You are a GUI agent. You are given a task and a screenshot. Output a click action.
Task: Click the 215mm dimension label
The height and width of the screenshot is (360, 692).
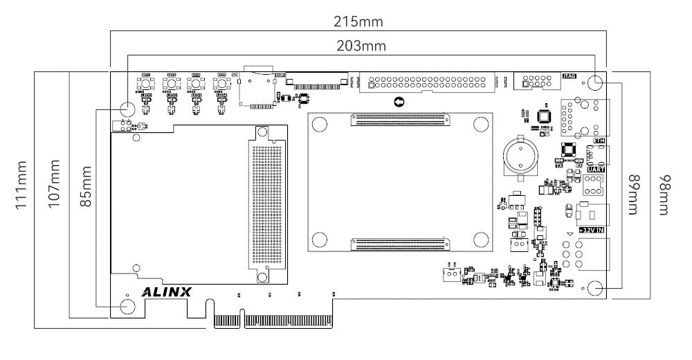click(358, 21)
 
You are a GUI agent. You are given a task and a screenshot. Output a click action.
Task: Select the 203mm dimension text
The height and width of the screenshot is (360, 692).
click(361, 46)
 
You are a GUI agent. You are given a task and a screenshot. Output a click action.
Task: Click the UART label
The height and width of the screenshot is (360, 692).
click(595, 169)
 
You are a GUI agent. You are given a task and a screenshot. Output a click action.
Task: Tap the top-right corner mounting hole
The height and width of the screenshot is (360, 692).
click(595, 82)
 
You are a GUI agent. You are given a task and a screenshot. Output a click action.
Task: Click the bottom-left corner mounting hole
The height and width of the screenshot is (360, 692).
click(128, 306)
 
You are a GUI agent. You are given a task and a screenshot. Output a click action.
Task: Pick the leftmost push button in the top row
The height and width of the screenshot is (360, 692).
click(146, 84)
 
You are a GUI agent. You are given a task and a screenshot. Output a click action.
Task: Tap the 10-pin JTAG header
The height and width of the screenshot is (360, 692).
click(540, 82)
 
